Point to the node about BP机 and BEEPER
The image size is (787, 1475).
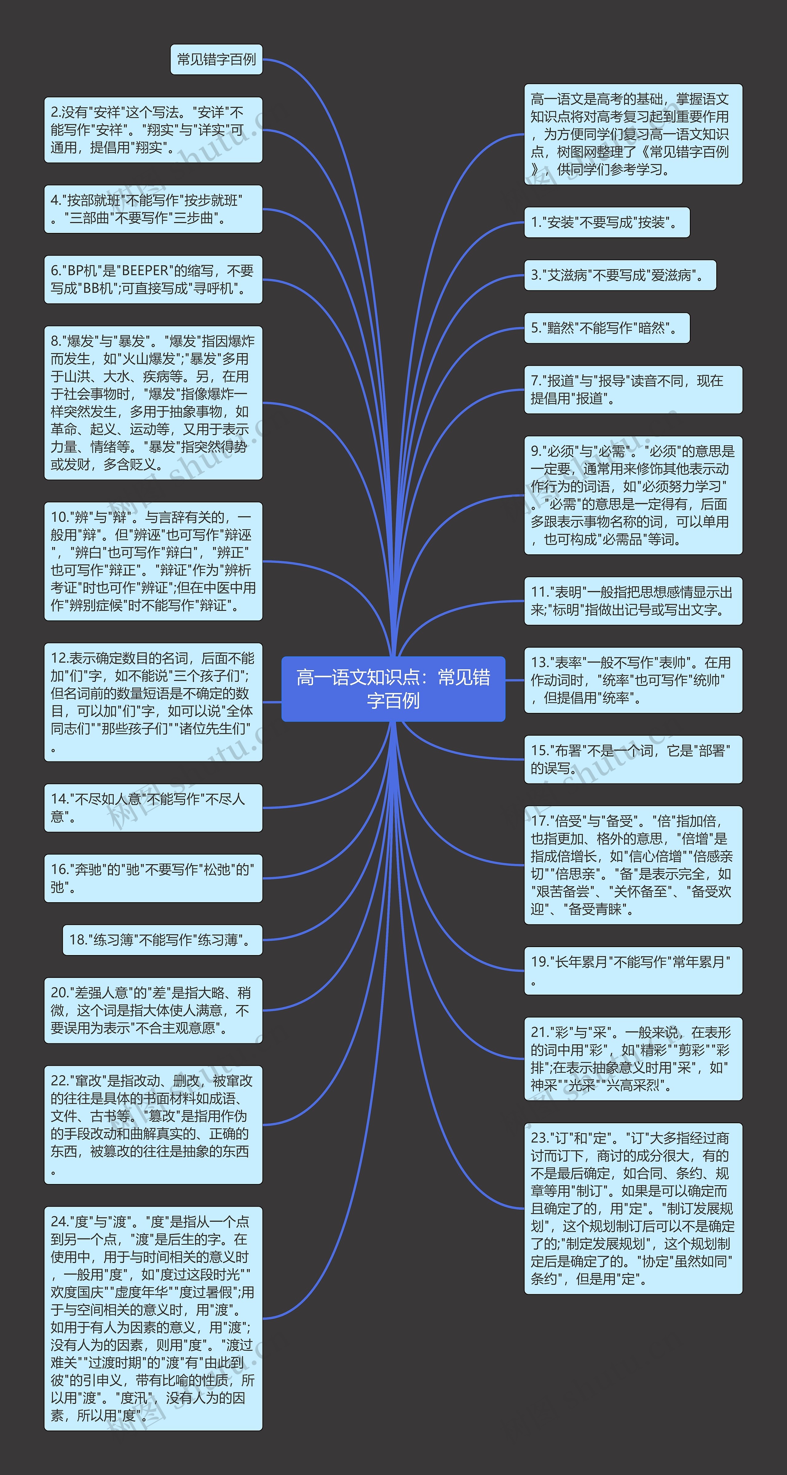[153, 279]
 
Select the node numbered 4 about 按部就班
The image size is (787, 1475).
[153, 209]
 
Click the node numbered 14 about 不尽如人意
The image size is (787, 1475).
[153, 808]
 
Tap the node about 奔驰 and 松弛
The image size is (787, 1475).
[153, 878]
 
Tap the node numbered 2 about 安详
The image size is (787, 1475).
[153, 130]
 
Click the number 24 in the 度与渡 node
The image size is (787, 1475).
[58, 1222]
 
